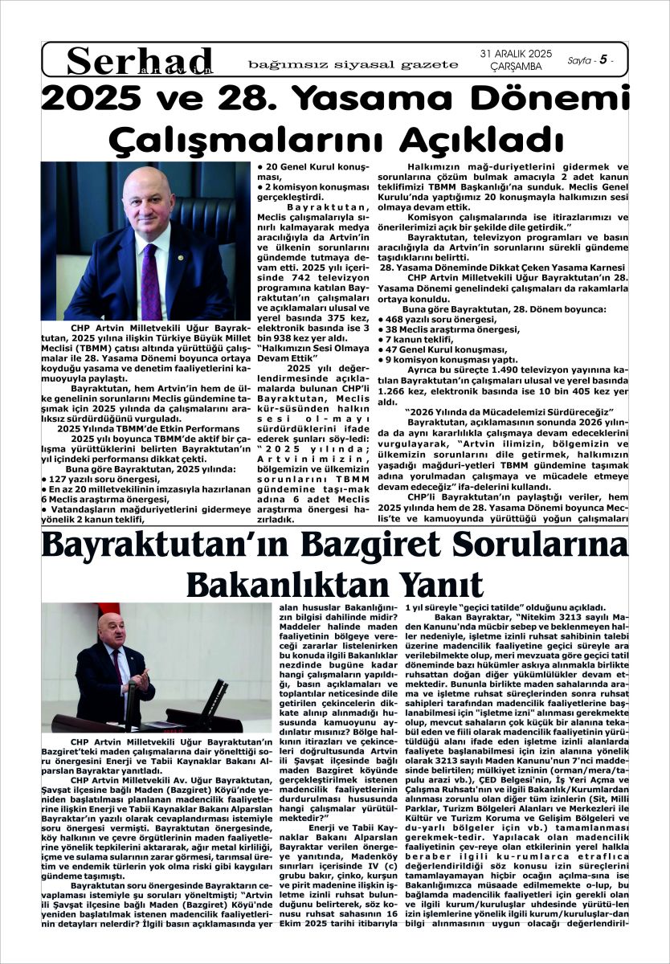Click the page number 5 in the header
[x=602, y=59]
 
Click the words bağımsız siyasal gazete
[x=353, y=64]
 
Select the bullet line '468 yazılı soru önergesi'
[x=430, y=319]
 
